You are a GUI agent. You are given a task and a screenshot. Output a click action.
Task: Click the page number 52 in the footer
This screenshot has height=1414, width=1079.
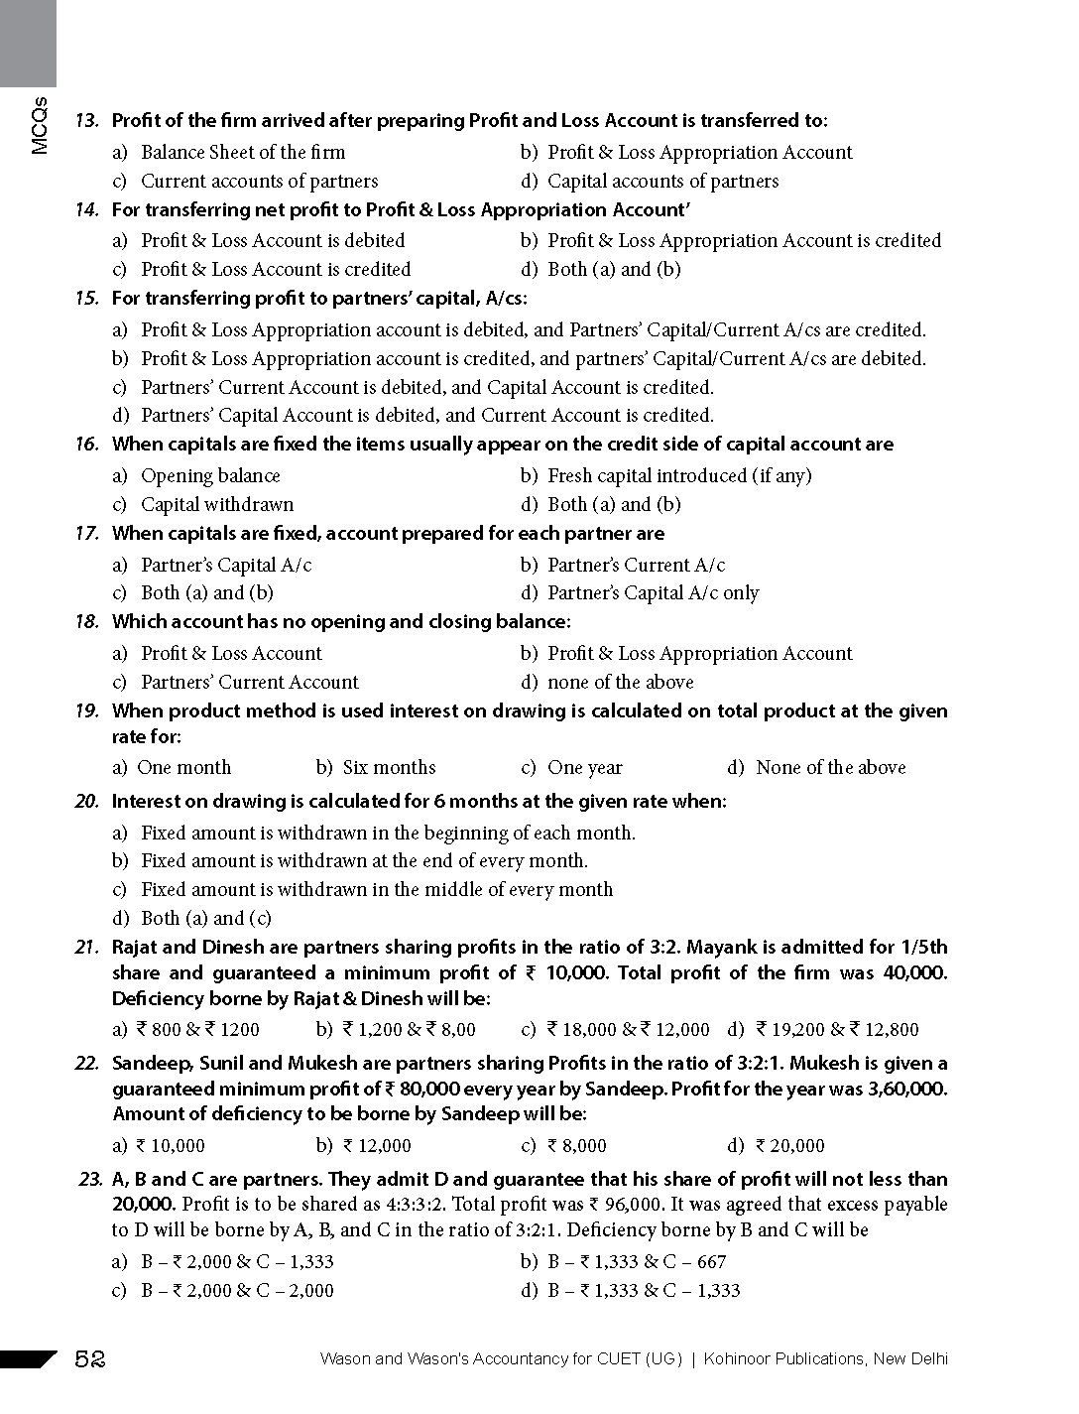[90, 1359]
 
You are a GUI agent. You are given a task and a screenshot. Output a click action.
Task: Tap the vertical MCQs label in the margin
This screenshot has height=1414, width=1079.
[39, 125]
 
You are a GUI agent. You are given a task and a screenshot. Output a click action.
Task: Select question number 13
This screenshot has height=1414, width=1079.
[87, 121]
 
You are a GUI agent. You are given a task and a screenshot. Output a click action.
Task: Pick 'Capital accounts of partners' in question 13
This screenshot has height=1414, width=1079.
[662, 182]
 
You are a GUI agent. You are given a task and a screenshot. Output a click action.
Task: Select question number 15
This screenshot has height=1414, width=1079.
[87, 299]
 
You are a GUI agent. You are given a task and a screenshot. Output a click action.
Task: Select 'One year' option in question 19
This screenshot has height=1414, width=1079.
[584, 768]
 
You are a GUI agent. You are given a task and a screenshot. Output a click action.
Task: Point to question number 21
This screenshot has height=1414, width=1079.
[87, 948]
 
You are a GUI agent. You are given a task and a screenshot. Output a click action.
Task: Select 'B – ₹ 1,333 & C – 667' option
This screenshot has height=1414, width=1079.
[637, 1262]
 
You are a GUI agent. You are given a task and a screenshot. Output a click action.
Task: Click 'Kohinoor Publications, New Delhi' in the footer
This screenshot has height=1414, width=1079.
[826, 1359]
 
